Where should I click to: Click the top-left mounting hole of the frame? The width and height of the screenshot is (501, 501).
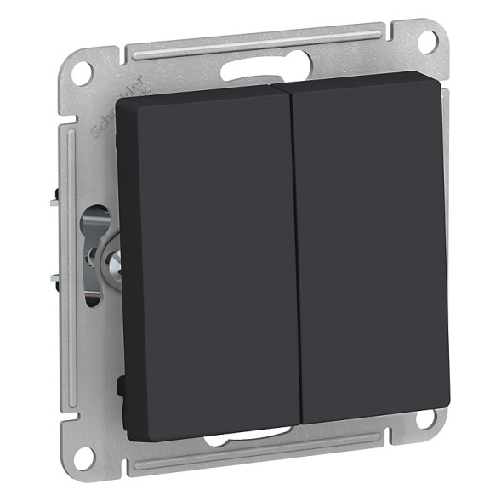pyautogui.click(x=80, y=70)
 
